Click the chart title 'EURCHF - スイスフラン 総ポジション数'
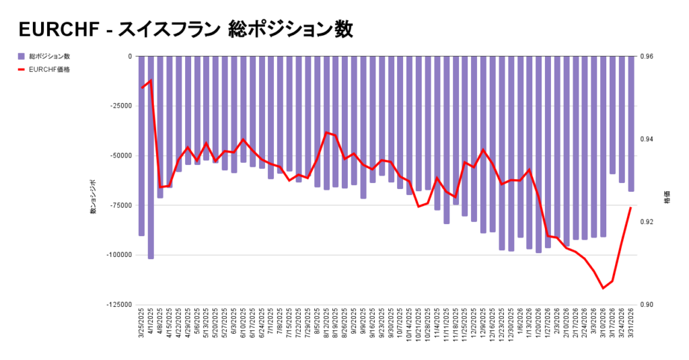point(185,30)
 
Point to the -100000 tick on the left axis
point(118,255)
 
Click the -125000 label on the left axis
point(118,305)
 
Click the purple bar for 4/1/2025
point(151,157)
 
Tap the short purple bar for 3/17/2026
point(612,115)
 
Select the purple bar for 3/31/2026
point(631,124)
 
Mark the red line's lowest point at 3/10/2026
point(603,288)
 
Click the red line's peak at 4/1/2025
point(151,80)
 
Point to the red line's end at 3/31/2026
point(631,207)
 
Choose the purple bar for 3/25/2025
point(141,146)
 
